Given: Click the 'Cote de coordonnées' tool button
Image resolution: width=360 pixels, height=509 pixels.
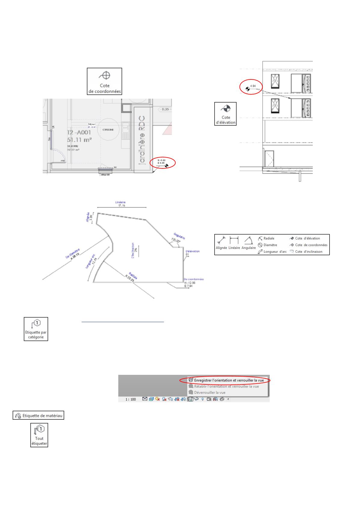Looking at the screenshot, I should (x=104, y=81).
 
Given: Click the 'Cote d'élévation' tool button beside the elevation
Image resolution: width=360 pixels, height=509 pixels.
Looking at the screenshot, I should (x=225, y=114).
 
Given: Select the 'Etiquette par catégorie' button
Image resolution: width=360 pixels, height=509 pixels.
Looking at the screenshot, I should (x=36, y=328).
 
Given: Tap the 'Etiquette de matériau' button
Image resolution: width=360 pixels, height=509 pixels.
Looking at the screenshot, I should (x=38, y=416).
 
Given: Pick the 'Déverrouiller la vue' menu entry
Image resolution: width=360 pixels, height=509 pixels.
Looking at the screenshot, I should (x=209, y=393).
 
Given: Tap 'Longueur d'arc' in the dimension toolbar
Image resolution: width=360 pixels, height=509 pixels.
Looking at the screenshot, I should (x=272, y=251).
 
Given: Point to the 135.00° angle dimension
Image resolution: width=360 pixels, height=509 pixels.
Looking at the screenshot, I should (x=175, y=241).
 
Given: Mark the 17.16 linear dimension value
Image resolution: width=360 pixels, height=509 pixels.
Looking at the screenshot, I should (x=122, y=205).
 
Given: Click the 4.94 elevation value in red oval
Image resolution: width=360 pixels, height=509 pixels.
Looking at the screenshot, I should (x=253, y=86).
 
